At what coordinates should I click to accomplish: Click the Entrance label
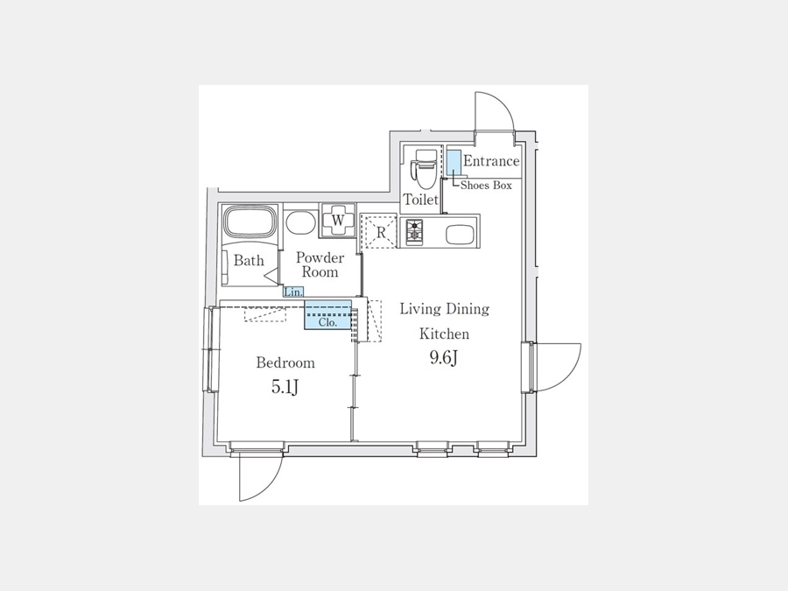pyautogui.click(x=491, y=161)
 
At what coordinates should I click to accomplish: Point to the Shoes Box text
pyautogui.click(x=486, y=186)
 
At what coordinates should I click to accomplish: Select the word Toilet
pyautogui.click(x=421, y=200)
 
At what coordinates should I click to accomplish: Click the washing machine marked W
pyautogui.click(x=338, y=220)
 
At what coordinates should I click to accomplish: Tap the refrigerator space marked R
pyautogui.click(x=379, y=231)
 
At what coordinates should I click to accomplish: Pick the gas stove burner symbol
pyautogui.click(x=415, y=231)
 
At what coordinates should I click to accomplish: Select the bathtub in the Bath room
pyautogui.click(x=250, y=222)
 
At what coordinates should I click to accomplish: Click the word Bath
pyautogui.click(x=249, y=260)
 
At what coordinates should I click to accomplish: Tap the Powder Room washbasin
pyautogui.click(x=300, y=222)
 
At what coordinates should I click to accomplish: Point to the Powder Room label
pyautogui.click(x=320, y=264)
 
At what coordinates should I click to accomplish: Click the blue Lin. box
pyautogui.click(x=293, y=292)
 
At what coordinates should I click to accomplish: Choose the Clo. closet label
pyautogui.click(x=327, y=322)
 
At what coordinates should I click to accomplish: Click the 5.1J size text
pyautogui.click(x=285, y=386)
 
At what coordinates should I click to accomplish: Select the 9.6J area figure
pyautogui.click(x=443, y=357)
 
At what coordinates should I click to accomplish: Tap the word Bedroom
pyautogui.click(x=285, y=362)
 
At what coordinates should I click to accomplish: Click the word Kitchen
pyautogui.click(x=444, y=334)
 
